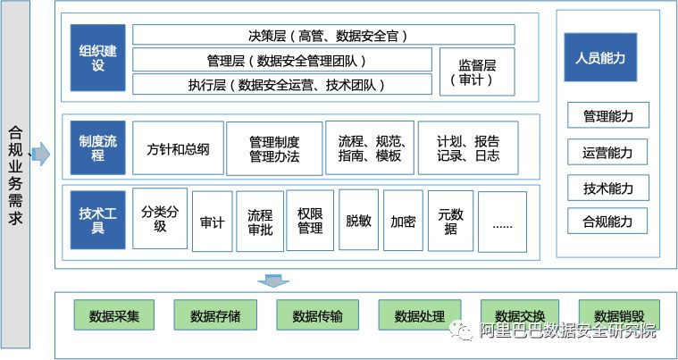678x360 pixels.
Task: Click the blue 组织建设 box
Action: click(x=98, y=58)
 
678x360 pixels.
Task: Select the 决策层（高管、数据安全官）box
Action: click(x=323, y=35)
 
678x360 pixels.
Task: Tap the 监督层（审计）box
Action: click(x=476, y=71)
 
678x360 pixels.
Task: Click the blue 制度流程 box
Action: click(x=98, y=148)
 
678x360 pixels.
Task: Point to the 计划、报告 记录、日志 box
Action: click(x=467, y=148)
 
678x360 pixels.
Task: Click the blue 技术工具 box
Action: click(x=98, y=220)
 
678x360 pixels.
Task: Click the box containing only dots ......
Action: click(x=502, y=222)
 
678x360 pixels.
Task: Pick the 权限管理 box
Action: click(x=310, y=221)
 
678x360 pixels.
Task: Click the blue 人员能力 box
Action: click(x=607, y=58)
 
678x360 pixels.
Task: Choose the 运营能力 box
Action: click(x=607, y=153)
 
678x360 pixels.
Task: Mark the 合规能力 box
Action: click(x=607, y=221)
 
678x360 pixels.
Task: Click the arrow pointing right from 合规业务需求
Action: click(x=41, y=155)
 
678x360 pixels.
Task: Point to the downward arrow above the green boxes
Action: click(x=269, y=281)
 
